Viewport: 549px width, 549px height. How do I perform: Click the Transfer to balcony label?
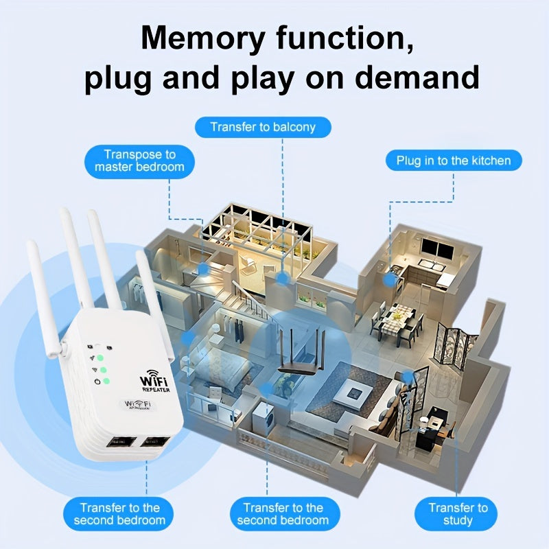tap(263, 127)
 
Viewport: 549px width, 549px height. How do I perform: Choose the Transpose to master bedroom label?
tap(139, 161)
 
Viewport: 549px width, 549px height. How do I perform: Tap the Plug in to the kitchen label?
tap(454, 161)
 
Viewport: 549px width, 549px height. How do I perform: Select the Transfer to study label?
tap(458, 514)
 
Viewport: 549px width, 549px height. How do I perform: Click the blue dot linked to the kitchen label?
tap(389, 279)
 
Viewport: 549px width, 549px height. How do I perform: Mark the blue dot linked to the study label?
tap(408, 376)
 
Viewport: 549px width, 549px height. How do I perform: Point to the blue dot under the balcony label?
tap(283, 278)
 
